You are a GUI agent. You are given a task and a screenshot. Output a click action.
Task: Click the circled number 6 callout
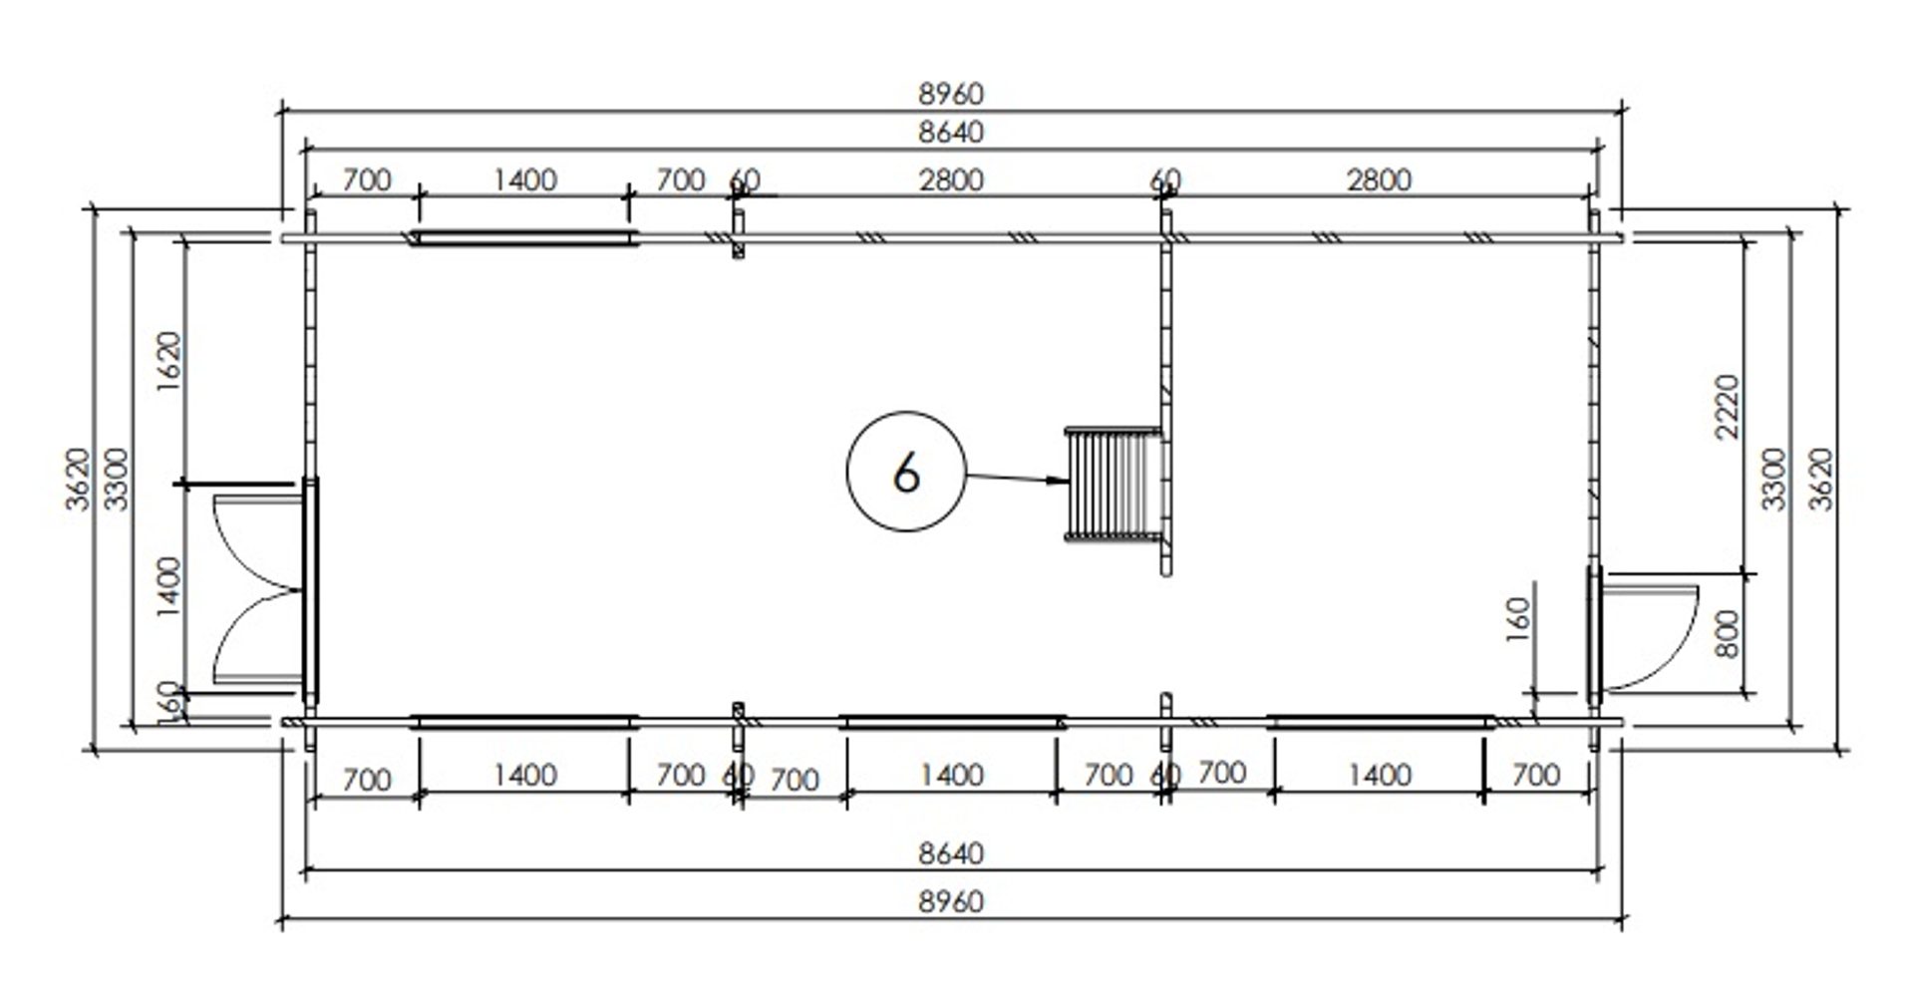(905, 474)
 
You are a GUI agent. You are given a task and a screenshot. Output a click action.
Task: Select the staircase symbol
(1114, 486)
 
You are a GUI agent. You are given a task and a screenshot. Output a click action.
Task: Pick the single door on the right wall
(1645, 632)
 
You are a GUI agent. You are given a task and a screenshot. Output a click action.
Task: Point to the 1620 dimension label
(170, 361)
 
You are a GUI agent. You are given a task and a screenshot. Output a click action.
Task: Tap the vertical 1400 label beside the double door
(170, 586)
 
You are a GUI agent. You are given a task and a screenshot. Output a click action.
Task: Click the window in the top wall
(525, 237)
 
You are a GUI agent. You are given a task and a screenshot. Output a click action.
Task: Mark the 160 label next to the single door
(1516, 620)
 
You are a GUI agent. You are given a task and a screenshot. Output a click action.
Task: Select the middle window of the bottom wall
(952, 721)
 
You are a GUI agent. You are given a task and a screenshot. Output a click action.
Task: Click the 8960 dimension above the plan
(951, 94)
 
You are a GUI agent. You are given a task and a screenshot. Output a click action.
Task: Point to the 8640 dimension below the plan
(951, 853)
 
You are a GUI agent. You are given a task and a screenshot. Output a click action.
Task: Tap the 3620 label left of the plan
(77, 479)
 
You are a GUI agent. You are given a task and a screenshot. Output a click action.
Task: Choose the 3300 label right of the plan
(1773, 479)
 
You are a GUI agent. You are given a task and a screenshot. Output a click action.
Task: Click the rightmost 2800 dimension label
(1379, 180)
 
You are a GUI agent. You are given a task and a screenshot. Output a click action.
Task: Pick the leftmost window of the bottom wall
(524, 721)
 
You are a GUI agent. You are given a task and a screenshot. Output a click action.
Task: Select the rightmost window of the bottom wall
(1381, 721)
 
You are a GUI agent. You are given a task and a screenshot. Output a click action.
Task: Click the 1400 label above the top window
(525, 180)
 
